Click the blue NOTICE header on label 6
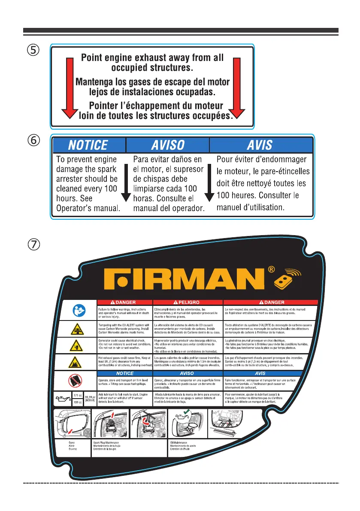point(89,145)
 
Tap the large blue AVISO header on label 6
point(167,145)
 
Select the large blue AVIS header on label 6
point(260,145)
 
